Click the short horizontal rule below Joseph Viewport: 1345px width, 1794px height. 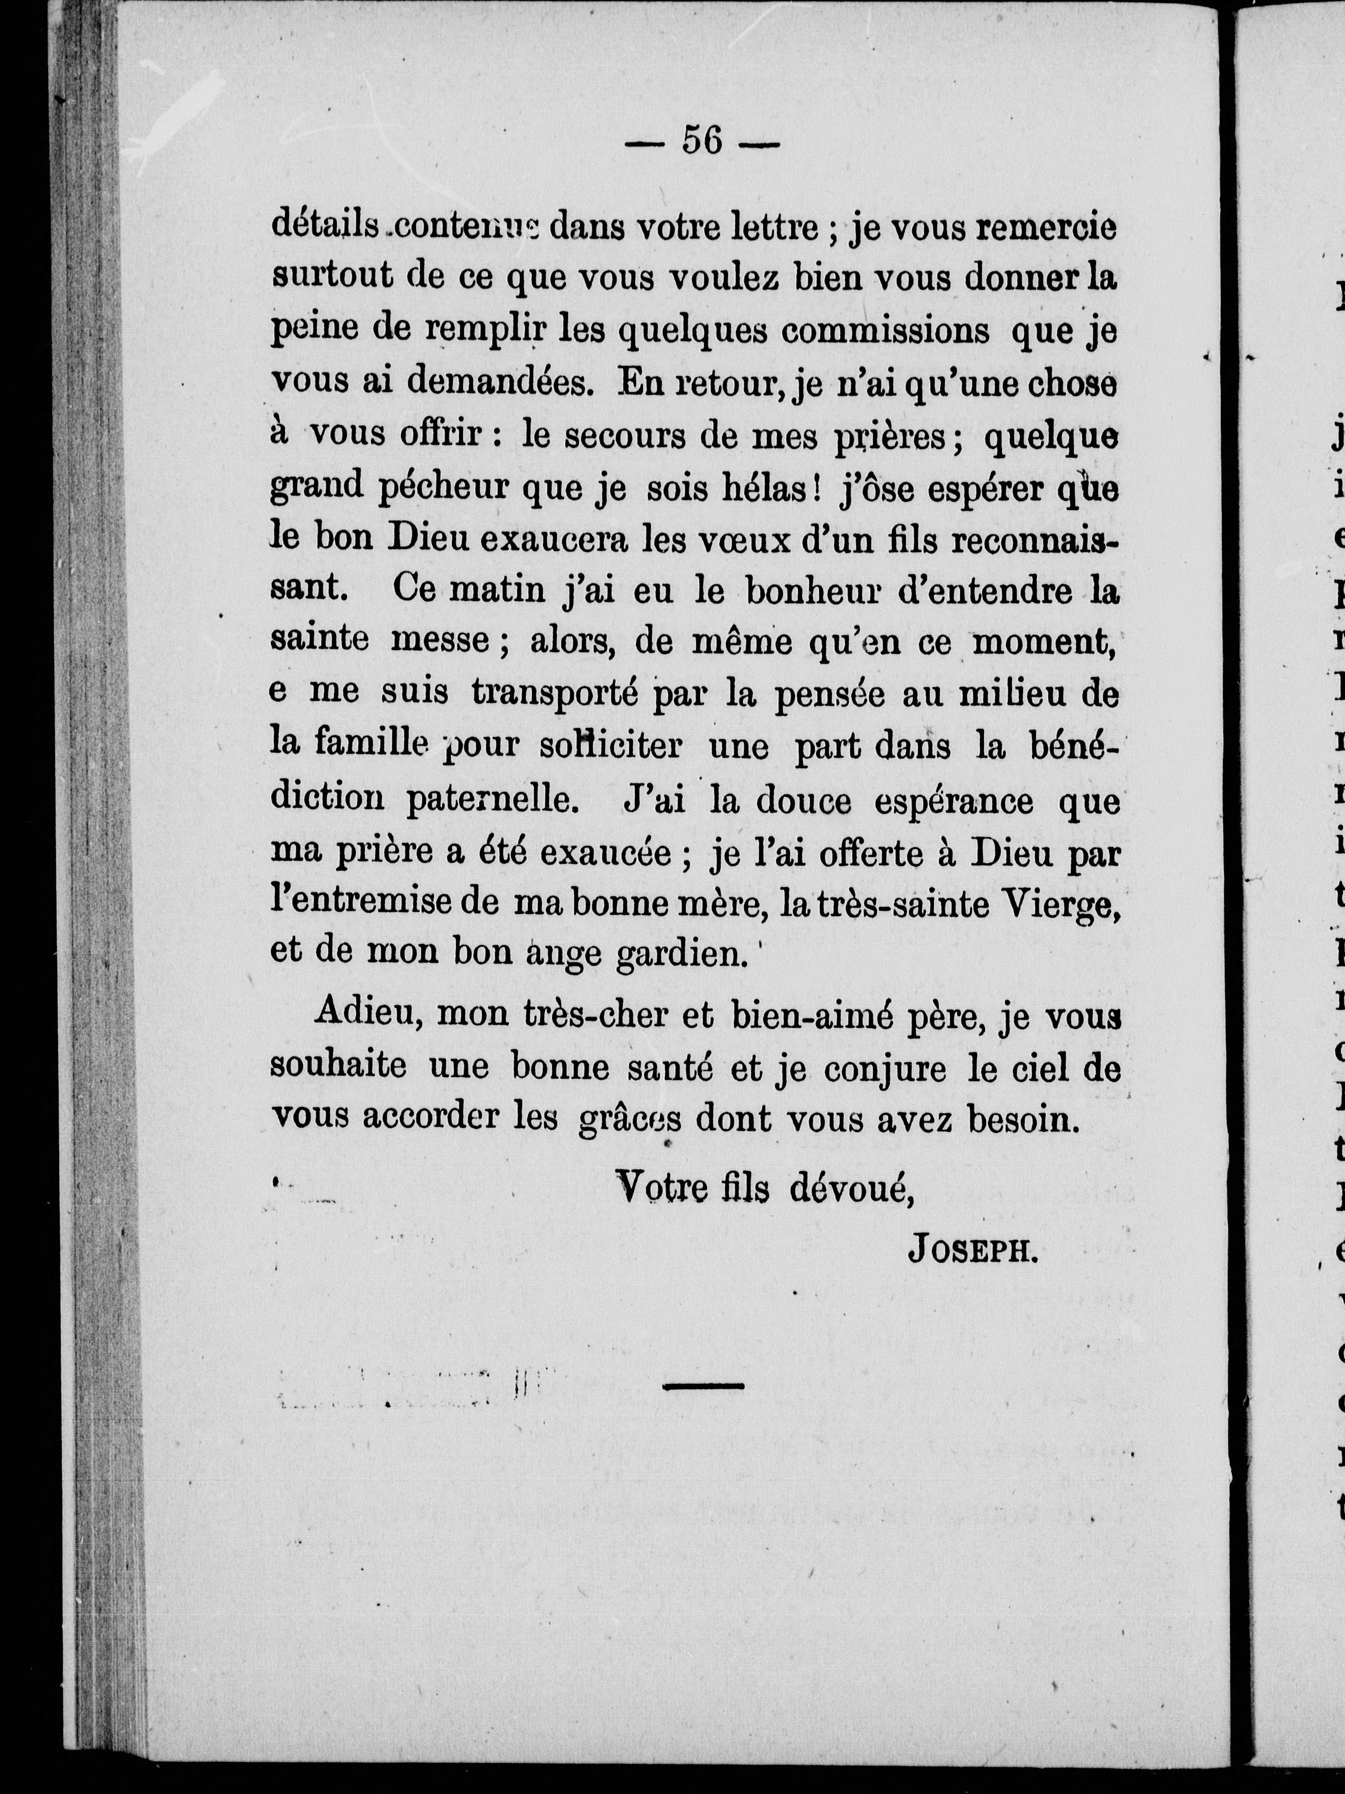point(703,1387)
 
